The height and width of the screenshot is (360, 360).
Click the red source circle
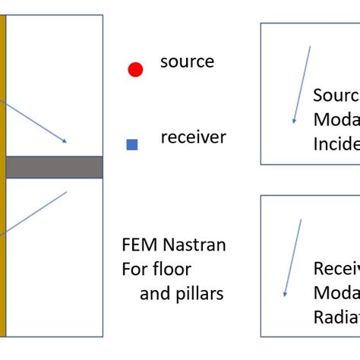pyautogui.click(x=135, y=70)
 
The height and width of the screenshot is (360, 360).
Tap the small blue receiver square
pyautogui.click(x=132, y=144)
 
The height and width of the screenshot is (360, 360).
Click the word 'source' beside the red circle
pyautogui.click(x=187, y=62)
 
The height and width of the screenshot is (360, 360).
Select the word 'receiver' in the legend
pyautogui.click(x=193, y=137)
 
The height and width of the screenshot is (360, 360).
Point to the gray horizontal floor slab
pyautogui.click(x=53, y=167)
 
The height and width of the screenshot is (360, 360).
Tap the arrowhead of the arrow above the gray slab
pyautogui.click(x=65, y=141)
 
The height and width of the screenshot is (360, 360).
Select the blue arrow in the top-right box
pyautogui.click(x=302, y=84)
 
